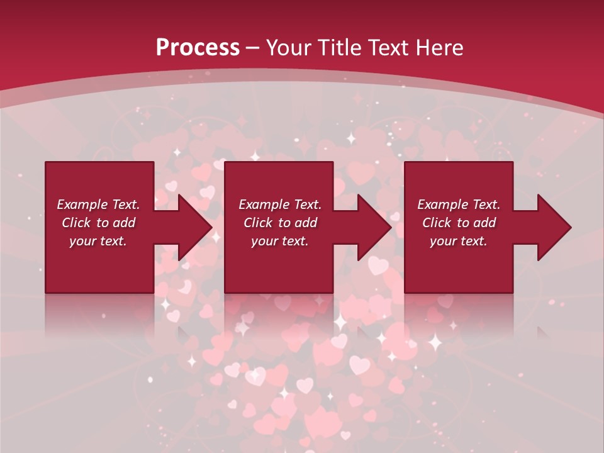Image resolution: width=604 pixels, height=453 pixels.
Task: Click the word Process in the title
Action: [x=198, y=47]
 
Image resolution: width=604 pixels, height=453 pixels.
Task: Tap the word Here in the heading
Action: [x=439, y=47]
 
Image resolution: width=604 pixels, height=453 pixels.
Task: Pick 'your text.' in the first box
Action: [x=98, y=241]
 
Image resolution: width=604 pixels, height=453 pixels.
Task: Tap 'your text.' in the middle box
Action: [x=279, y=241]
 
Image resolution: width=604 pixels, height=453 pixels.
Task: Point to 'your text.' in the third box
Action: [x=459, y=241]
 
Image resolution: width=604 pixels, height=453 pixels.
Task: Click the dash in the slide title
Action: [x=253, y=48]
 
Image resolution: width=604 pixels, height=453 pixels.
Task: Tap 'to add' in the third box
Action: [x=476, y=223]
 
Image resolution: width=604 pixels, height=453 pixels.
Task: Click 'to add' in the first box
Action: [x=116, y=223]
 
